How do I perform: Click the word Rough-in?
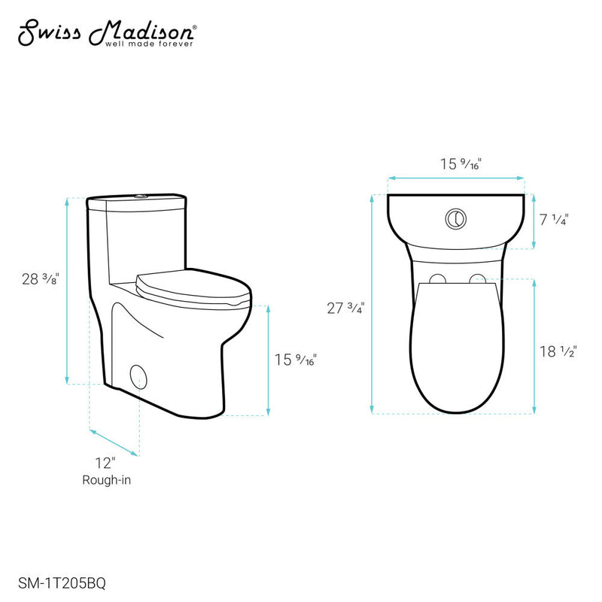coord(105,480)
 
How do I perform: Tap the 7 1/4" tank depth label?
coord(554,220)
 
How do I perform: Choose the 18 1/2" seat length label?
coord(556,351)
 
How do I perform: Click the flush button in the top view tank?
coord(455,218)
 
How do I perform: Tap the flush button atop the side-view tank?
coord(138,197)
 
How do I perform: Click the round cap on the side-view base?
coord(138,375)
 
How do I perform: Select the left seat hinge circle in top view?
coord(435,280)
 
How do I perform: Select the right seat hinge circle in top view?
coord(476,280)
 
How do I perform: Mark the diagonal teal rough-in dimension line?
coord(114,442)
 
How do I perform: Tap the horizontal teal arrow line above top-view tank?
coord(456,178)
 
